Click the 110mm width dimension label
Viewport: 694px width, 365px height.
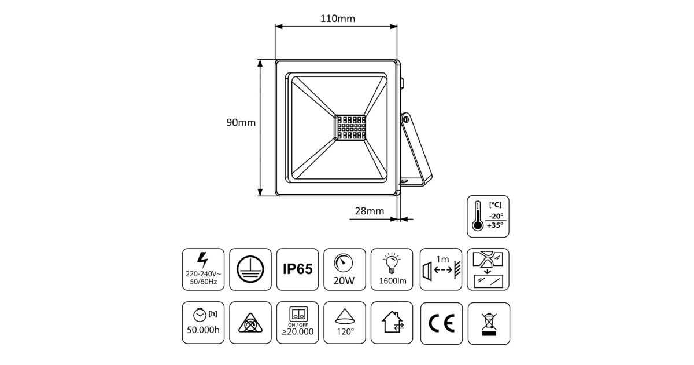coord(337,19)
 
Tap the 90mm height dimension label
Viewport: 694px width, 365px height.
coord(241,123)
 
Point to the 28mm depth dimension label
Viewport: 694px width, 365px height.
coord(370,211)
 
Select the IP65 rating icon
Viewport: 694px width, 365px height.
coord(297,269)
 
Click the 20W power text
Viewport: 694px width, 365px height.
coord(344,280)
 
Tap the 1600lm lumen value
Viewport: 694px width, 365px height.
coord(393,281)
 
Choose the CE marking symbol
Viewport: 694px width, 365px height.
coord(441,323)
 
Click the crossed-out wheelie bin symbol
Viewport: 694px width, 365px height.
coord(489,324)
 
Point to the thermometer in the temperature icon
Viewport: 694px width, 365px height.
coord(478,216)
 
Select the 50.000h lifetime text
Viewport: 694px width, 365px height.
coord(203,330)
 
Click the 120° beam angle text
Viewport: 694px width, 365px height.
coord(345,332)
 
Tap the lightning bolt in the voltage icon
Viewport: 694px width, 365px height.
coord(202,260)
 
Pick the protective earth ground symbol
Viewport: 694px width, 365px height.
coord(250,269)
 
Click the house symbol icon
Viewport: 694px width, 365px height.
coord(393,322)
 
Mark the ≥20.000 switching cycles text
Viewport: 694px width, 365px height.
coord(297,331)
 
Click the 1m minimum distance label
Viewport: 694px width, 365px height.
coord(442,259)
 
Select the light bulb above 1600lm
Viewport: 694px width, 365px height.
coord(392,262)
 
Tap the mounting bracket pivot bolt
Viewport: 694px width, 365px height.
coord(405,119)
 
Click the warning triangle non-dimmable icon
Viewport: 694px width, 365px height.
coord(250,323)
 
